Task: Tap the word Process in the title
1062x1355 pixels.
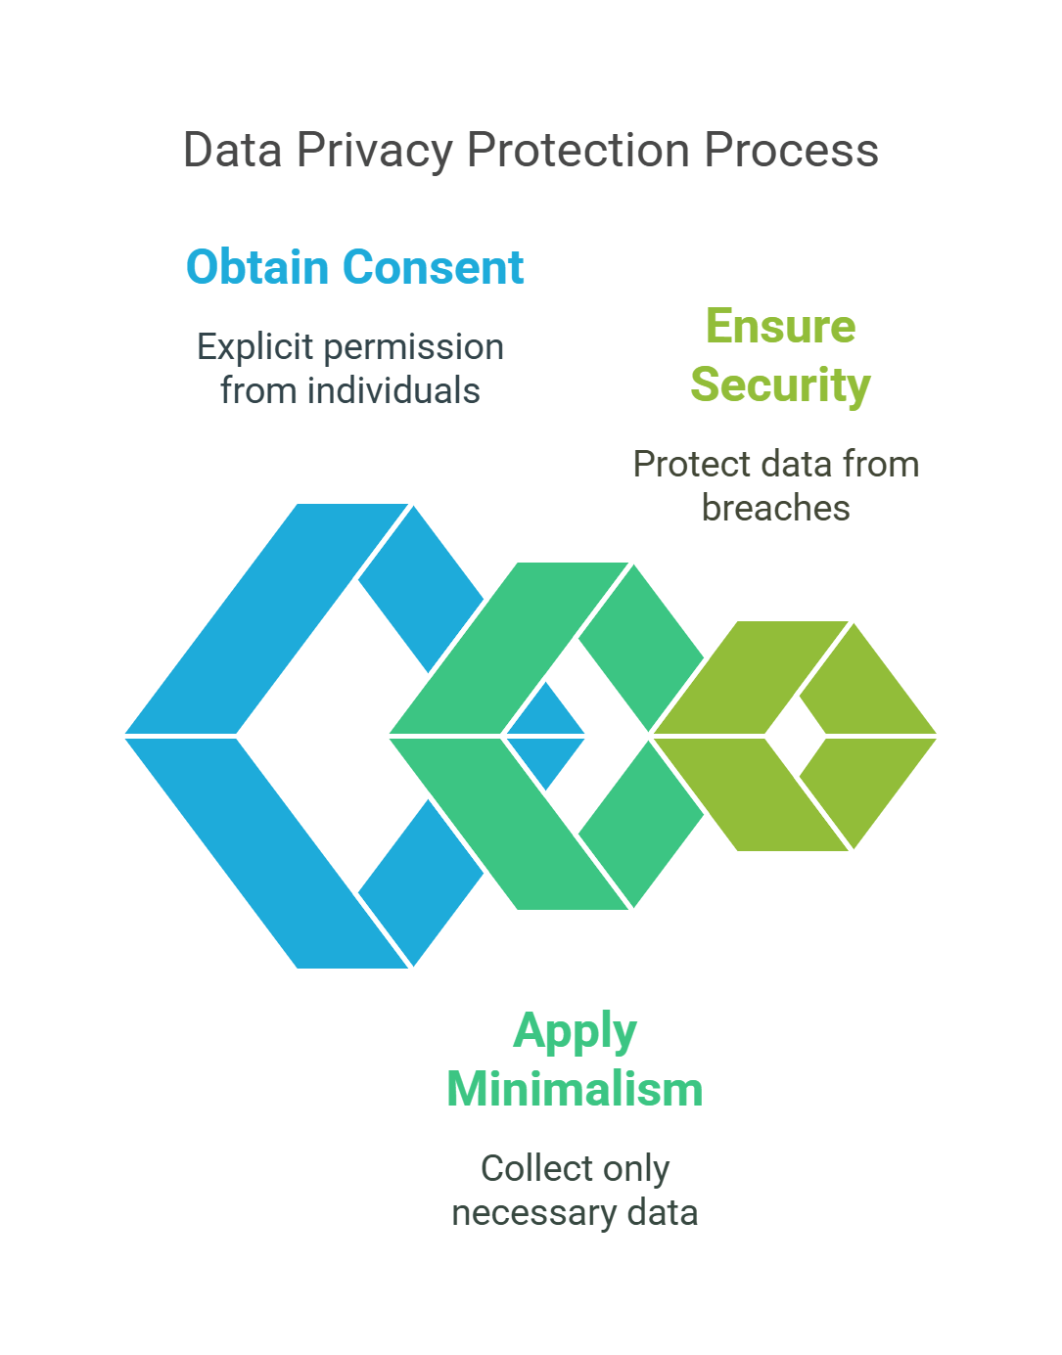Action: point(791,151)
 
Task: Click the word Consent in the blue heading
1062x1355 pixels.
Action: point(434,267)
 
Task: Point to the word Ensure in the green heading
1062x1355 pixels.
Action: point(780,326)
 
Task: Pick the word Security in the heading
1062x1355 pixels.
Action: point(780,384)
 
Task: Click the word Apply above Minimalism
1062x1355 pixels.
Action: point(575,1031)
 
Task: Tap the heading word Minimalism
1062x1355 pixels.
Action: point(575,1089)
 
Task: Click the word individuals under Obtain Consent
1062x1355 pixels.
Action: point(392,391)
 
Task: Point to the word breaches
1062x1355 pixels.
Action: point(775,509)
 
